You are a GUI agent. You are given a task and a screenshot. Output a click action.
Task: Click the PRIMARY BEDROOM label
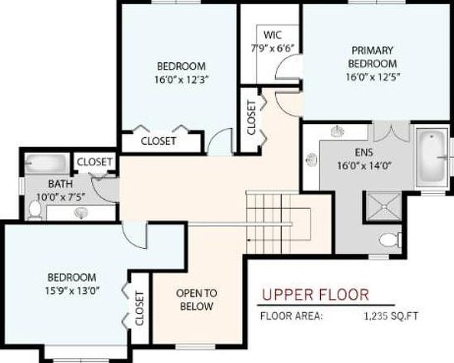pos(372,57)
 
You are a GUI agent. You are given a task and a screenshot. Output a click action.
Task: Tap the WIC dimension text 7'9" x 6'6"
pos(273,48)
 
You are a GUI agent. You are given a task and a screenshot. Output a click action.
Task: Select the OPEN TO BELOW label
pos(196,299)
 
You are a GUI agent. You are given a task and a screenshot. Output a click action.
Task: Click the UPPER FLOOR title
pos(316,295)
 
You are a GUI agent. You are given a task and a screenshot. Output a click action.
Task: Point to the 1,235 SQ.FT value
pos(391,316)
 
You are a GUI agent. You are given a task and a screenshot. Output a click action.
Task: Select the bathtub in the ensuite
pos(432,157)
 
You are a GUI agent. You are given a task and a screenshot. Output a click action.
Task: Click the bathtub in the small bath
pos(47,164)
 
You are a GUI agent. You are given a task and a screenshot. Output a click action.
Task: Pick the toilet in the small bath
pos(35,209)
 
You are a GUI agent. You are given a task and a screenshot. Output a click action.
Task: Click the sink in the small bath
pos(81,213)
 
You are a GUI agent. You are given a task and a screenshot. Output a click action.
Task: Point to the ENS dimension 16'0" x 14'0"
pos(365,166)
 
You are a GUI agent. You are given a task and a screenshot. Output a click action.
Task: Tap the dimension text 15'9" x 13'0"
pos(72,290)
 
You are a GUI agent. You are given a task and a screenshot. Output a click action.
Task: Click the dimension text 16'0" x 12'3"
pos(181,79)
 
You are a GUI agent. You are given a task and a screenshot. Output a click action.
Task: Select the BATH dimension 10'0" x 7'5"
pos(61,197)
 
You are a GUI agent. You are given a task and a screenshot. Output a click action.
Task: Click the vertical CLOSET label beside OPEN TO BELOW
pos(140,309)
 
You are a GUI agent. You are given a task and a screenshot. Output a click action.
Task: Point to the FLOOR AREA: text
pos(291,316)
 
